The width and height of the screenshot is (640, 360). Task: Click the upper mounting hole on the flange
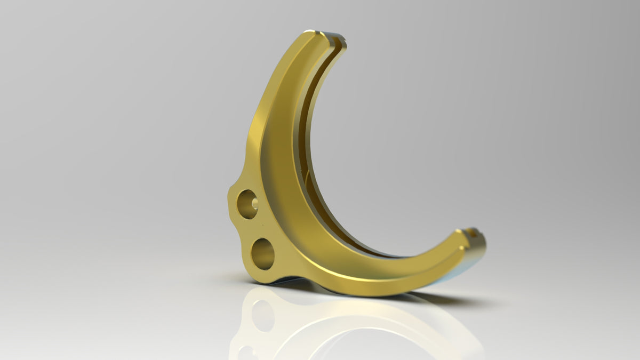point(247,204)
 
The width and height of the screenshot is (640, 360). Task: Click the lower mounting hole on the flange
point(263,254)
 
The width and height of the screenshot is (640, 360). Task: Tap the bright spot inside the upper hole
point(254,203)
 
